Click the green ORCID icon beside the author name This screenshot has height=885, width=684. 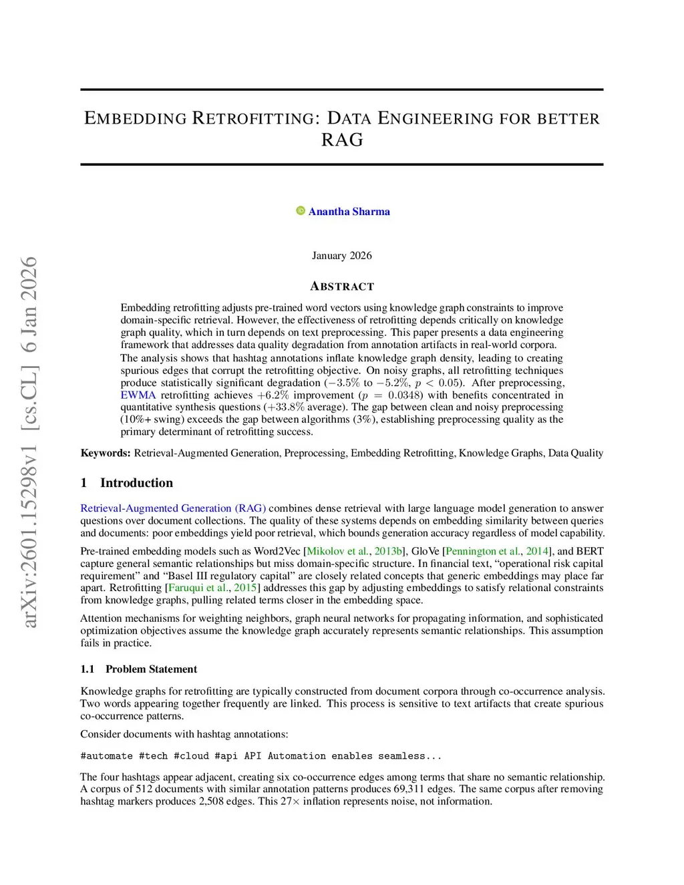pyautogui.click(x=301, y=211)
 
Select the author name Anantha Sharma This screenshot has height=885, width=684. pyautogui.click(x=349, y=212)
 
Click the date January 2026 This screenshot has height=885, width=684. pyautogui.click(x=341, y=256)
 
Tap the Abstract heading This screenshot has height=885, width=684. pyautogui.click(x=342, y=287)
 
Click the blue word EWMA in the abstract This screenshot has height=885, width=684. pyautogui.click(x=138, y=395)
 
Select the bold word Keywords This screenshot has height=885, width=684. pyautogui.click(x=106, y=454)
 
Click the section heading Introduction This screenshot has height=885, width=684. pyautogui.click(x=136, y=483)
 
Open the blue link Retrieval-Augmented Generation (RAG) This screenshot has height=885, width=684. pyautogui.click(x=173, y=508)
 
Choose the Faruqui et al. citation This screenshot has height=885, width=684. pyautogui.click(x=198, y=588)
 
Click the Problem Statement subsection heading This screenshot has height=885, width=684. pyautogui.click(x=151, y=669)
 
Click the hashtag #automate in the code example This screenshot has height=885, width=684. pyautogui.click(x=106, y=756)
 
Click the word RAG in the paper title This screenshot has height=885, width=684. pyautogui.click(x=342, y=140)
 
